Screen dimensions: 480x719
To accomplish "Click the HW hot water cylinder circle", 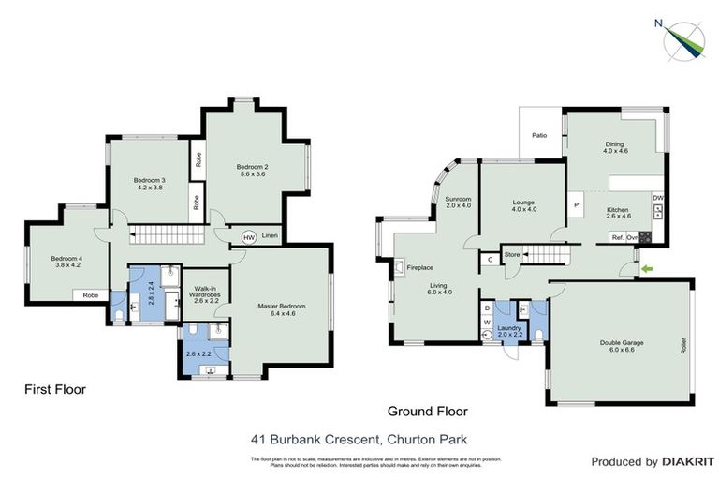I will (249, 238).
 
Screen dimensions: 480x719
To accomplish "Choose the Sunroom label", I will (458, 199).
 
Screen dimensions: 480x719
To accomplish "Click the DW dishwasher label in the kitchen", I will (658, 198).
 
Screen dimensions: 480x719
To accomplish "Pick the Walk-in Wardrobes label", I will (206, 293).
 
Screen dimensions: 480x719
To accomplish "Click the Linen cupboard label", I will (270, 236).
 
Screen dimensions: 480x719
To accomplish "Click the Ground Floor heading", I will (427, 411).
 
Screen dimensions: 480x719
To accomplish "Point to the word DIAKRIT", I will (688, 462).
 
